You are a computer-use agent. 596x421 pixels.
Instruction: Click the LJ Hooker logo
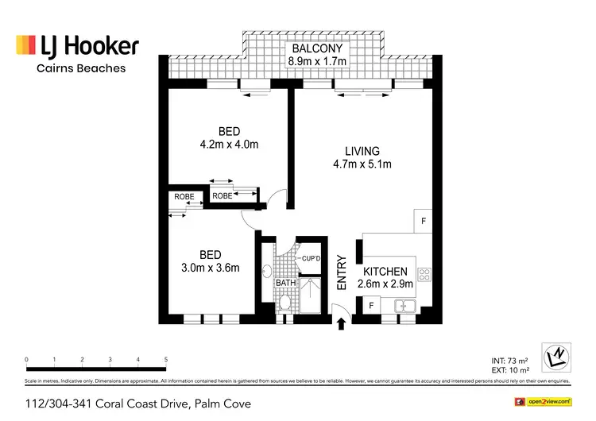78,45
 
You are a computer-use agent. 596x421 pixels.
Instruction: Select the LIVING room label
362,151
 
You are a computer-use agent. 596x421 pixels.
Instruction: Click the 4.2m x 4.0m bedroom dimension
229,145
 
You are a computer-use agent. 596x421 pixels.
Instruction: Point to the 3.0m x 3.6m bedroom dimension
210,268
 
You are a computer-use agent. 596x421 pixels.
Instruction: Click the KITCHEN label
385,272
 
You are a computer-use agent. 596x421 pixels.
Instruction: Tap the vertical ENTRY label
342,271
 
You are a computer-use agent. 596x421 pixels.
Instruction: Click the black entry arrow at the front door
342,323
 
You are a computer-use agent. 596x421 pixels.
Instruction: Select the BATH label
286,282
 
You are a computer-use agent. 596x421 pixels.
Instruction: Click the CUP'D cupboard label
310,259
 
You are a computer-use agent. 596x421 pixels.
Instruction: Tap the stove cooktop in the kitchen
424,276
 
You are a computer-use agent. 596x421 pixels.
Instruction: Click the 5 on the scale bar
166,360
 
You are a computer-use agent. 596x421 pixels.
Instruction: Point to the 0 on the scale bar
27,360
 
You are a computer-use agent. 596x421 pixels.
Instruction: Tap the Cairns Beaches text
81,69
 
